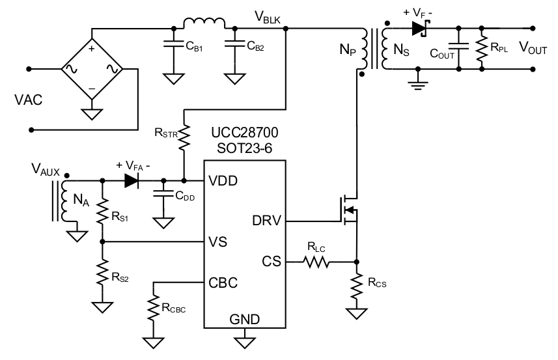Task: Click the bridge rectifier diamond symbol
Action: tap(92, 68)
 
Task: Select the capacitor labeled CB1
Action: tap(173, 46)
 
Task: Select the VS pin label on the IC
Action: tap(218, 242)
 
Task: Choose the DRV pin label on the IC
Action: tap(266, 221)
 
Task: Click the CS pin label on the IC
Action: tap(272, 262)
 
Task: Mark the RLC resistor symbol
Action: tap(316, 262)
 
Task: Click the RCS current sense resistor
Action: tap(356, 287)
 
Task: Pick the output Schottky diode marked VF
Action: tap(419, 28)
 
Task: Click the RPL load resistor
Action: tap(481, 47)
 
